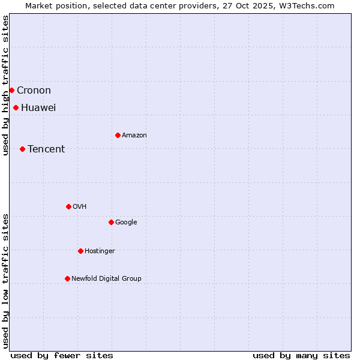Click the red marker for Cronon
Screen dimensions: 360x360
click(x=11, y=90)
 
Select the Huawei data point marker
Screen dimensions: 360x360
click(x=16, y=107)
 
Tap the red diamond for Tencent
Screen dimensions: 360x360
click(x=22, y=149)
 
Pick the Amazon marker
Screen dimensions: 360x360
click(x=118, y=135)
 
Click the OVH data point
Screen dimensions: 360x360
click(x=68, y=206)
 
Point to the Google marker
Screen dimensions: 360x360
click(x=111, y=222)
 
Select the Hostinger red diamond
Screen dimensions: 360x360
click(x=80, y=251)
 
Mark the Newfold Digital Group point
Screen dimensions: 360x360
click(x=67, y=278)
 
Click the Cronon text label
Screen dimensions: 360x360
click(x=34, y=91)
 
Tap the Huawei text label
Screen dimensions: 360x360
click(x=38, y=108)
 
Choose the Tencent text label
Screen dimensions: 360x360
click(x=46, y=149)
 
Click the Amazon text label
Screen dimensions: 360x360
click(x=134, y=136)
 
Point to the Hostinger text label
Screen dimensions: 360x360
click(x=100, y=251)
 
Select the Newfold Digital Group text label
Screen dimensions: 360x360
click(x=106, y=278)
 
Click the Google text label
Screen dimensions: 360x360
click(x=126, y=223)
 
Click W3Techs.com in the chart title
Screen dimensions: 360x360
click(x=310, y=5)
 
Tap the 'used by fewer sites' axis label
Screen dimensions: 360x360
click(x=62, y=355)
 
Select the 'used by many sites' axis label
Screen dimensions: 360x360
click(x=301, y=355)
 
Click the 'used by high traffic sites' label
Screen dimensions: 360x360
click(x=5, y=85)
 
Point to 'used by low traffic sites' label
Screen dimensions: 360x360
click(x=5, y=280)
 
